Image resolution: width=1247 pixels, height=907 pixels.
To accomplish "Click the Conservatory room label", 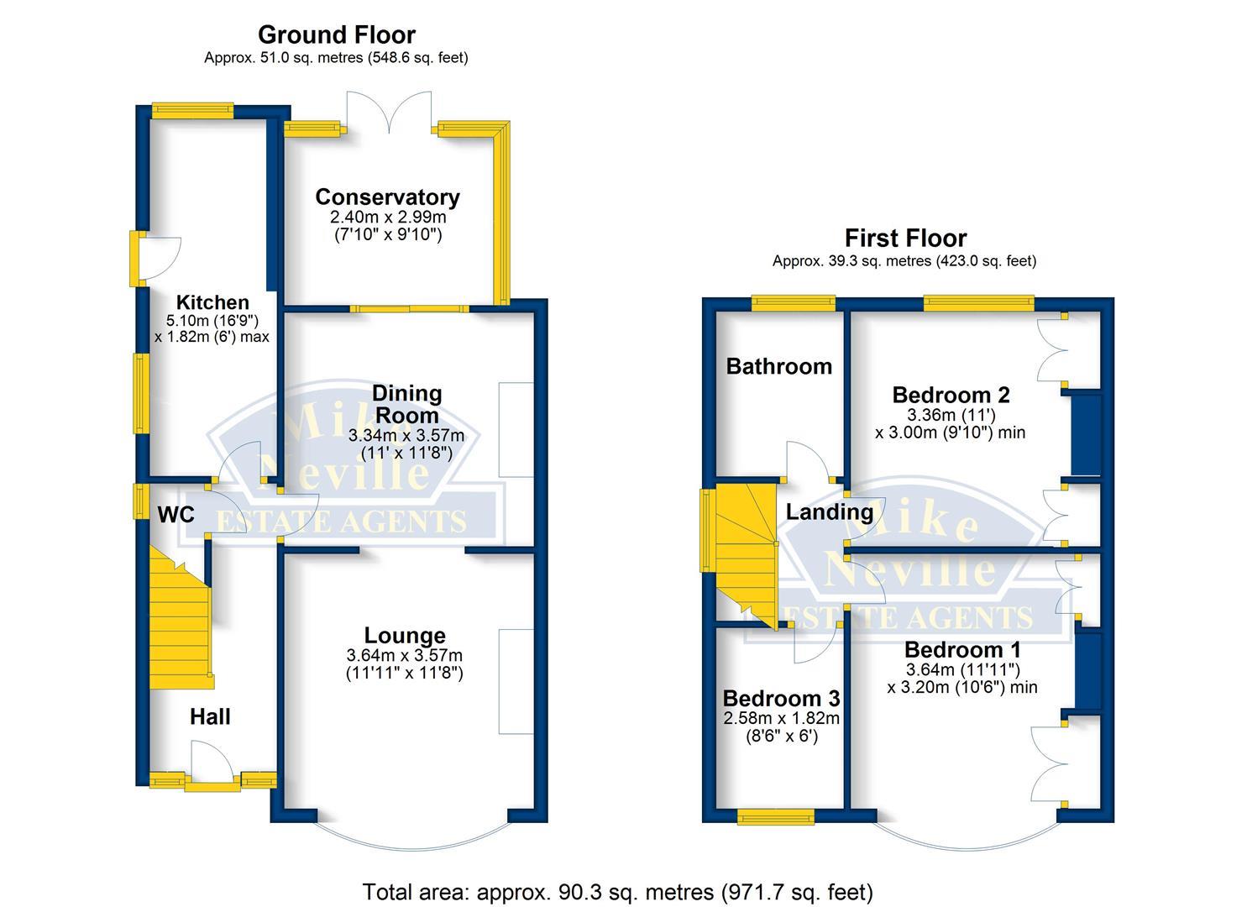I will [x=387, y=197].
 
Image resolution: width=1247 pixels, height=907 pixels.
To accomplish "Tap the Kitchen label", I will [x=212, y=302].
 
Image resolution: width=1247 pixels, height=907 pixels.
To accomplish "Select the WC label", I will [x=176, y=515].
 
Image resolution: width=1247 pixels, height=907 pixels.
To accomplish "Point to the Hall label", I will [x=210, y=716].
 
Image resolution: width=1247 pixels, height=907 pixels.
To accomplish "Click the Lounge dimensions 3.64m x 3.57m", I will [x=404, y=655].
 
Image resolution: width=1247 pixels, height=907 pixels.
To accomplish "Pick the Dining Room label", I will [x=406, y=404].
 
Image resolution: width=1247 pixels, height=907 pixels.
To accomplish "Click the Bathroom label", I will [x=778, y=366].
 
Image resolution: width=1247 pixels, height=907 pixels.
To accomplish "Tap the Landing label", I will [x=829, y=511].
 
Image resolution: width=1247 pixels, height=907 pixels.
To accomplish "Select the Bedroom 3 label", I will [x=781, y=699].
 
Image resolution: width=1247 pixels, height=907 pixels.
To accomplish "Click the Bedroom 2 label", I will [x=951, y=395].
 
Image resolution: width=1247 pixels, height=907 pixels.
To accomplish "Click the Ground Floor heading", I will [x=336, y=35].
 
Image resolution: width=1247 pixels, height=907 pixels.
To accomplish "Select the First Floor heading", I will [x=905, y=239].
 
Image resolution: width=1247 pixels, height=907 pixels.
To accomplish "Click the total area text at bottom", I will [x=617, y=891].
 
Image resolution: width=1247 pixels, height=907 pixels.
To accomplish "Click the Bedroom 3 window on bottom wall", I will [x=775, y=816].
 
